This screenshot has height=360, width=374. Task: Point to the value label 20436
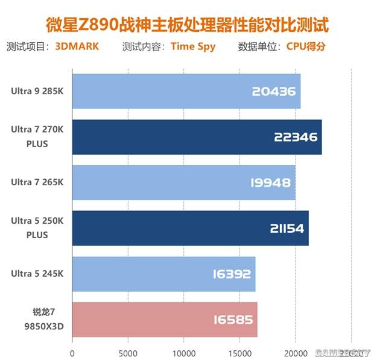274,92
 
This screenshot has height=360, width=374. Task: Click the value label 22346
295,137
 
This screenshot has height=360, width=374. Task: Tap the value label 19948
270,183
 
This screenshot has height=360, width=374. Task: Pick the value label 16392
231,274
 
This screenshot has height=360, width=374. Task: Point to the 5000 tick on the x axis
128,352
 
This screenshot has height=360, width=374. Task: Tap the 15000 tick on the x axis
239,352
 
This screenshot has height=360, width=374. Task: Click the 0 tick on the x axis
72,352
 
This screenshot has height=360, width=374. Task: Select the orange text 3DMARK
77,46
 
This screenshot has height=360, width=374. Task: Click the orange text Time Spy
193,46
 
